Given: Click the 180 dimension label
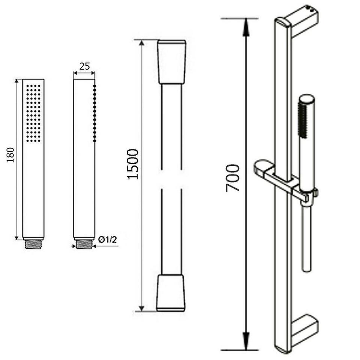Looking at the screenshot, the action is coord(10,155).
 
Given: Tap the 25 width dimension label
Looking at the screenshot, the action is coord(84,66).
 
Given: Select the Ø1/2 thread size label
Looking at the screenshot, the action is coord(108,240).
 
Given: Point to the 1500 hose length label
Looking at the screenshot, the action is coord(133,164).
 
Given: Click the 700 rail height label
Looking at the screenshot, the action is coord(232,178).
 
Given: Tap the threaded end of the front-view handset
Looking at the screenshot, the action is coord(33,244).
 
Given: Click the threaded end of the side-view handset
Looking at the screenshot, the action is coord(84,244).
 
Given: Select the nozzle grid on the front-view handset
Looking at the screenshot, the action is coord(33,113).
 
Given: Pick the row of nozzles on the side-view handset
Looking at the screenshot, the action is coord(94,113).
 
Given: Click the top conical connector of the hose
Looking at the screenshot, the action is coord(171,62).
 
